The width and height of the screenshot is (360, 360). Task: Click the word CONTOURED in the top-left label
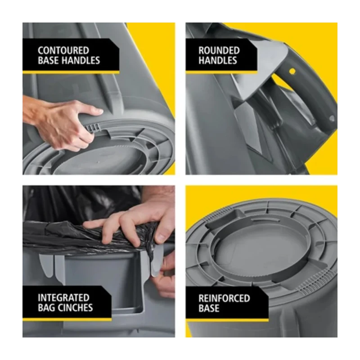[x=63, y=50]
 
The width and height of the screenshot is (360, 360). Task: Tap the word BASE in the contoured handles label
[x=49, y=60]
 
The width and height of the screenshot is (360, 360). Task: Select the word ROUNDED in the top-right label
[x=219, y=50]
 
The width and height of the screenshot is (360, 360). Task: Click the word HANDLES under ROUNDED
[x=218, y=60]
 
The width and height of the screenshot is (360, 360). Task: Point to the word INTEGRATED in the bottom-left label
[x=63, y=298]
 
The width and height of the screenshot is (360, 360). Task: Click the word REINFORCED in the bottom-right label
[x=224, y=298]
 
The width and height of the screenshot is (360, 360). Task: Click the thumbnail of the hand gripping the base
[x=99, y=99]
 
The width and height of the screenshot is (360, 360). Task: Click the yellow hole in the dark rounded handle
[x=292, y=71]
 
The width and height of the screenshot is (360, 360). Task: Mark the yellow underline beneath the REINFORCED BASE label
[x=227, y=320]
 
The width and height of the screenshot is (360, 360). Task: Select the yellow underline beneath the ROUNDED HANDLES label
[x=221, y=72]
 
